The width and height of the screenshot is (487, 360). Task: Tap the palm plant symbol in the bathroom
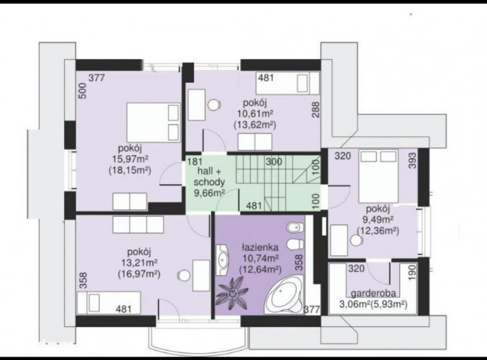233,293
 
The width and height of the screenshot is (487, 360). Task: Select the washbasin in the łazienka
222,259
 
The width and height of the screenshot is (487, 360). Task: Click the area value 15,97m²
130,159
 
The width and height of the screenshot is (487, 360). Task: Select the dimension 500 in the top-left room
82,91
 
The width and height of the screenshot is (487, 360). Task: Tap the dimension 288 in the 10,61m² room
315,110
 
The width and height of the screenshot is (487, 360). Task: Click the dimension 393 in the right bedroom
412,160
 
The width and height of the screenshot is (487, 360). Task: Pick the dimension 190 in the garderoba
412,273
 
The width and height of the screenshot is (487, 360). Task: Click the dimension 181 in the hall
195,162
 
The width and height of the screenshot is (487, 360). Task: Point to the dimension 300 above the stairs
274,162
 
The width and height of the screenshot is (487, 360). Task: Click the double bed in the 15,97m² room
154,122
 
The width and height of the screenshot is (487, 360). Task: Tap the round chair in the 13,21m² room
184,276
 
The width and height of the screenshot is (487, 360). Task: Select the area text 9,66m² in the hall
210,193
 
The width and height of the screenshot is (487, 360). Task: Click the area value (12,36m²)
378,230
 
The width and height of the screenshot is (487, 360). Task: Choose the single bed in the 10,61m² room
288,83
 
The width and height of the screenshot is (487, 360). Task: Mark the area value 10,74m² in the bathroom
260,258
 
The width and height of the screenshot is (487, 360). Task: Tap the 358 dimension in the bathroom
298,262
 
